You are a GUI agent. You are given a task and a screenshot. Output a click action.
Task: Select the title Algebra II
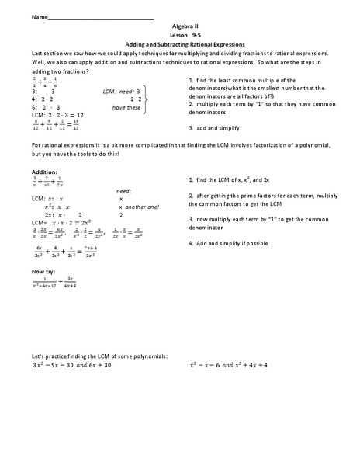(x=180, y=26)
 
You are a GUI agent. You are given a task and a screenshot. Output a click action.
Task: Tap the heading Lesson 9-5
(x=180, y=36)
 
